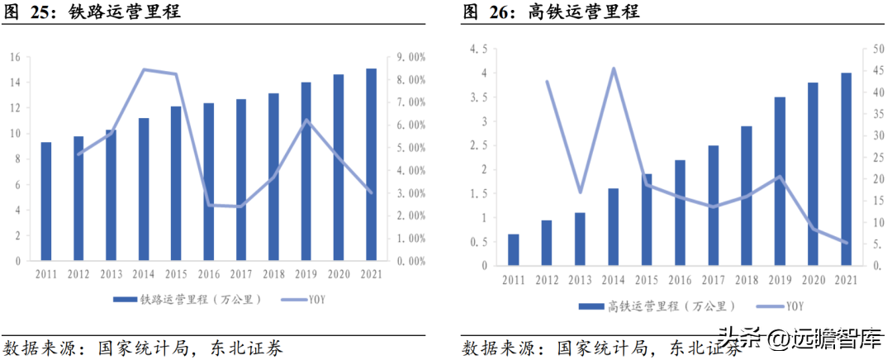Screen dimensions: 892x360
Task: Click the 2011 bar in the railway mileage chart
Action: click(46, 201)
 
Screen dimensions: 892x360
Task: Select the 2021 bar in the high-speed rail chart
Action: click(846, 169)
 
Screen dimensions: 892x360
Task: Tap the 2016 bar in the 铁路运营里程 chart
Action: click(208, 182)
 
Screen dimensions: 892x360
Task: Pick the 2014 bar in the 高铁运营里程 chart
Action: click(613, 227)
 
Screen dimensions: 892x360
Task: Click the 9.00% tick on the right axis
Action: click(406, 58)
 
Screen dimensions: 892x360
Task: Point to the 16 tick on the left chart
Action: click(16, 58)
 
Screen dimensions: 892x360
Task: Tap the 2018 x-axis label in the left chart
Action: click(273, 274)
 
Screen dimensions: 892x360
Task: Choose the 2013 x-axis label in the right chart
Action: click(581, 279)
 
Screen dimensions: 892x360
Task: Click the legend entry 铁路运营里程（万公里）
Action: click(187, 299)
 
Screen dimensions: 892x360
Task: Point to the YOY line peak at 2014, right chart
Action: click(613, 69)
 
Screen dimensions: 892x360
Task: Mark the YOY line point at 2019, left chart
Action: click(306, 120)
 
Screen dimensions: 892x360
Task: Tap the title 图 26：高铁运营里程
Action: click(551, 12)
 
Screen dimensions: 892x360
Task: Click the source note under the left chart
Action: click(143, 348)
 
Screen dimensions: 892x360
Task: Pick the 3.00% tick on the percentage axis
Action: click(406, 193)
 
